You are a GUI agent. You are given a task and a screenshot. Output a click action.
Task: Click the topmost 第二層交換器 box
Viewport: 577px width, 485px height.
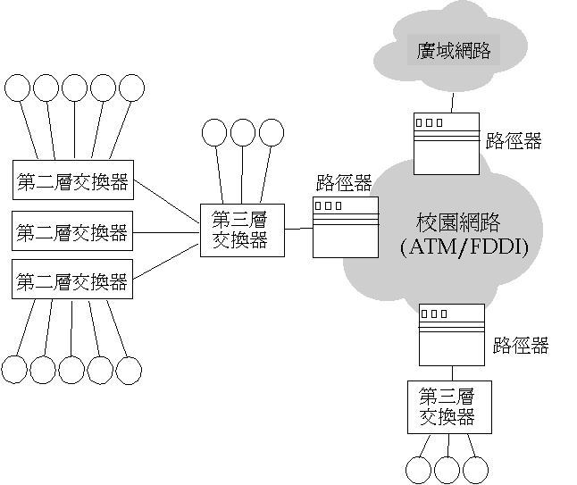72,184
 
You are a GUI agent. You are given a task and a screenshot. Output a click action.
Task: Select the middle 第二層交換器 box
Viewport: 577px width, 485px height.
72,233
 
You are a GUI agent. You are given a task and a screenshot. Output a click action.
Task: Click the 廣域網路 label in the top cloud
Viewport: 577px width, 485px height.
454,50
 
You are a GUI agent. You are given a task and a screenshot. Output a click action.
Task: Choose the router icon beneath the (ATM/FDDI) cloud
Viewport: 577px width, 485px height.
451,332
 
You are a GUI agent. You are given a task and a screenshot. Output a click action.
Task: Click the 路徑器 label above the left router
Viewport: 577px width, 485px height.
344,184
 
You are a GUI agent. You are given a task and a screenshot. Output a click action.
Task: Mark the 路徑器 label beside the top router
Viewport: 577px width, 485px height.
514,140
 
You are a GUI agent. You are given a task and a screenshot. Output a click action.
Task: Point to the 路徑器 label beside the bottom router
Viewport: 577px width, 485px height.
521,346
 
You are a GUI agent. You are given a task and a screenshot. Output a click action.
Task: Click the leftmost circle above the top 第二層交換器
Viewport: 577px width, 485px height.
17,88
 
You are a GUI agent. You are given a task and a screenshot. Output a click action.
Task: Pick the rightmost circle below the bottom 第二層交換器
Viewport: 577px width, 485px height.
129,369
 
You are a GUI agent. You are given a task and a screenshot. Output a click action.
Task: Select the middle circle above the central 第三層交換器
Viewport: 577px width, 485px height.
243,133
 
